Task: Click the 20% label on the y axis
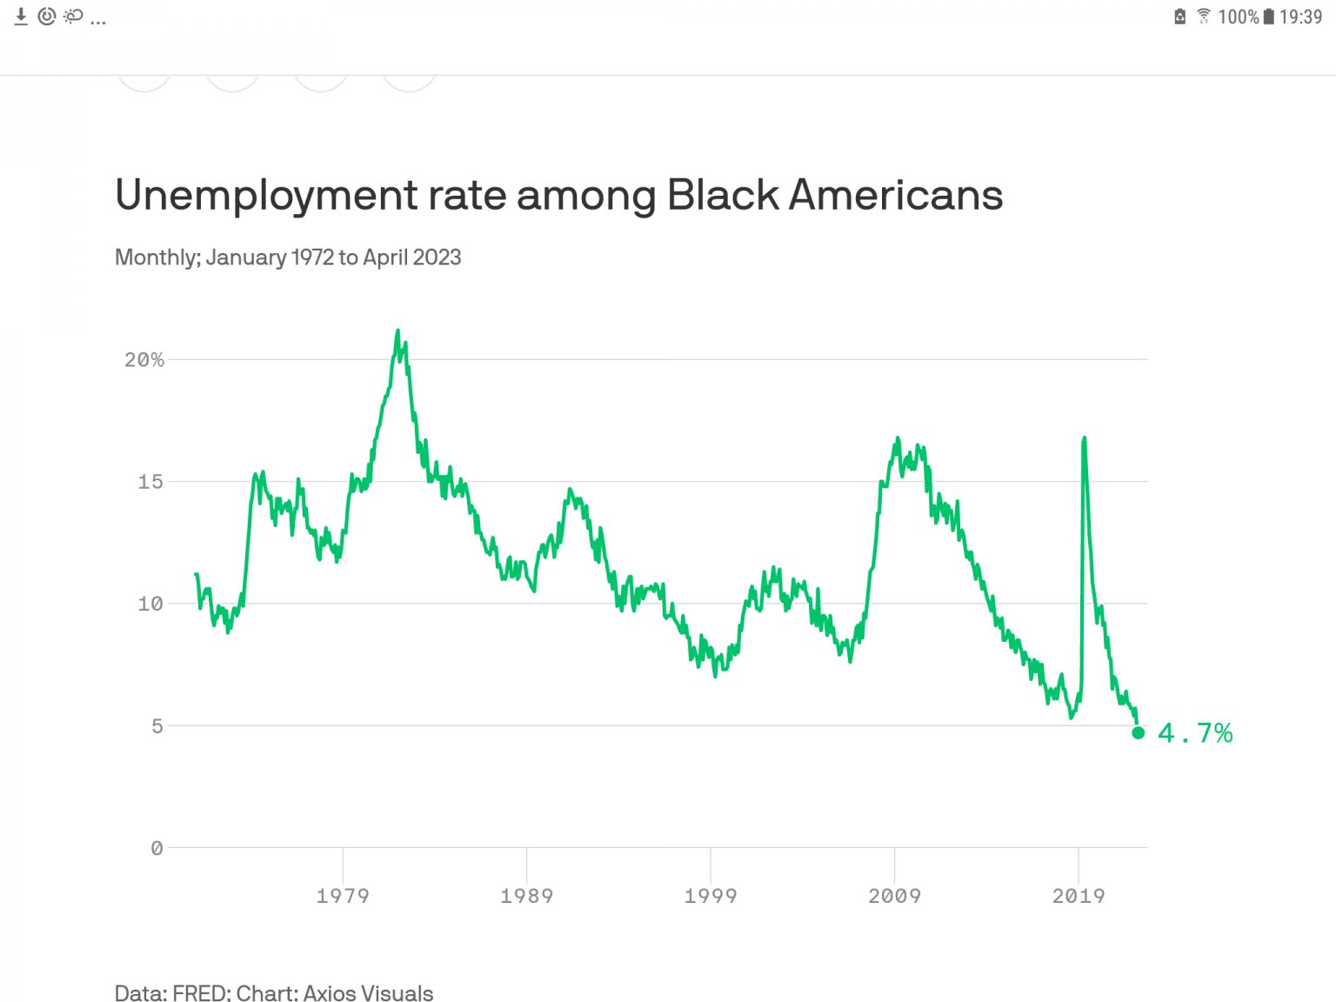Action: (x=144, y=359)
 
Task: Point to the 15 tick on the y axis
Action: (x=150, y=481)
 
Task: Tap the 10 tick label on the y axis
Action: (x=150, y=604)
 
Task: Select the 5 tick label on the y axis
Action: (x=157, y=725)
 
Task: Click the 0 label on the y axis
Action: (x=157, y=848)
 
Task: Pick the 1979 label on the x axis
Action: (x=343, y=896)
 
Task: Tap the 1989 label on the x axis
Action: (x=526, y=896)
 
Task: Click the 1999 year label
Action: (x=711, y=896)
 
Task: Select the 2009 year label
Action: (x=894, y=896)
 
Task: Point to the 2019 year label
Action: (x=1079, y=896)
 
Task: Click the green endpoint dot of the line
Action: (x=1138, y=733)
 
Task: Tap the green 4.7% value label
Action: (x=1195, y=733)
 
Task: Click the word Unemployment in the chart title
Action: (x=266, y=196)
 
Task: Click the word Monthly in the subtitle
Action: (x=157, y=257)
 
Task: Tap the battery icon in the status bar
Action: (x=1269, y=17)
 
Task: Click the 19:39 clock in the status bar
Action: (x=1300, y=17)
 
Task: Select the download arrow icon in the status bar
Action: (x=21, y=17)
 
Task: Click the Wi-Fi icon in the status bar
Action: (x=1204, y=16)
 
